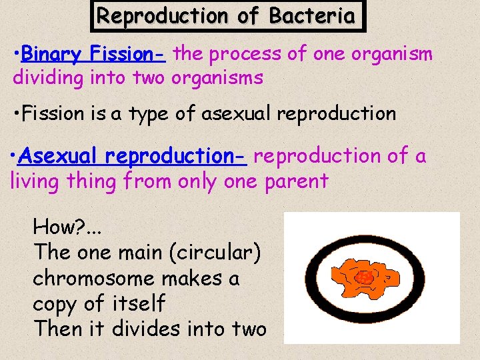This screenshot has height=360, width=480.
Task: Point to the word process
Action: tap(247, 54)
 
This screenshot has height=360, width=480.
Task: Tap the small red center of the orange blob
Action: tap(365, 276)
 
